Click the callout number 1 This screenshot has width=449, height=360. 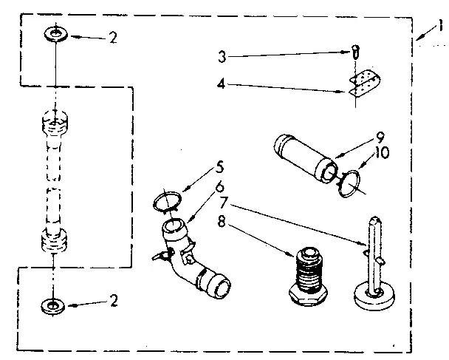click(x=439, y=27)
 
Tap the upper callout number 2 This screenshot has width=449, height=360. click(x=112, y=38)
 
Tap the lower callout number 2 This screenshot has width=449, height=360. click(x=112, y=302)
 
